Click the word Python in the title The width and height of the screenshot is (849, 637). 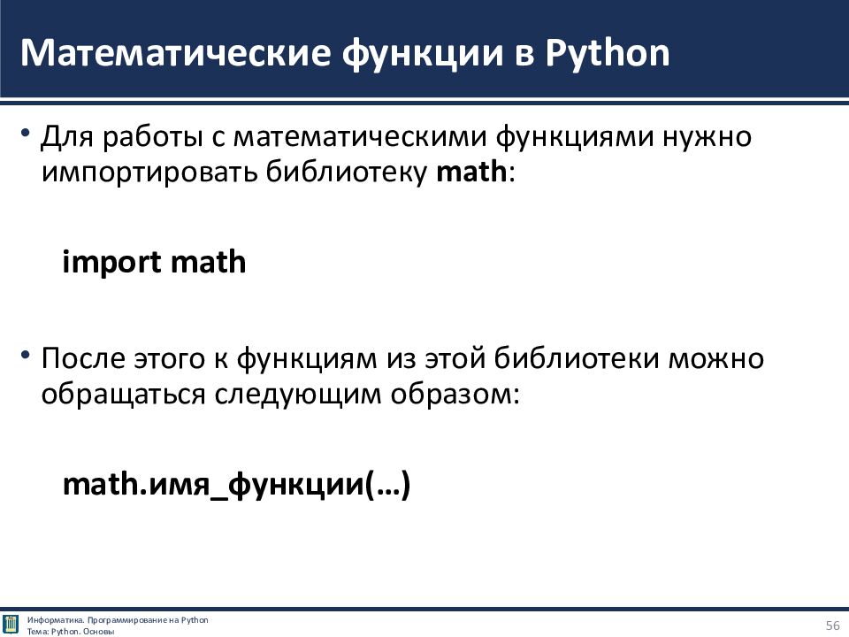608,54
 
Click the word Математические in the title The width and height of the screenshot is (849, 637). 175,53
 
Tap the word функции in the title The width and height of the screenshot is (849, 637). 423,54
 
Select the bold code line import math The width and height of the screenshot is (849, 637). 154,262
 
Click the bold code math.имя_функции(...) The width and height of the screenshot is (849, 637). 237,484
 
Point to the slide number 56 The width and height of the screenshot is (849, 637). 833,625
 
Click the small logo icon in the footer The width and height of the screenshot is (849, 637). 11,625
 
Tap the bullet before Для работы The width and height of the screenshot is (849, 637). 25,134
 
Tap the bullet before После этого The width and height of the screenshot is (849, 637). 25,356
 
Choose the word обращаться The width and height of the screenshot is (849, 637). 124,395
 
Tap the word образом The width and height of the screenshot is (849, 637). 450,395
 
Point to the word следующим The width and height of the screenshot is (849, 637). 298,395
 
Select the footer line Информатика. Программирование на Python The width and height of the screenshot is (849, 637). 118,620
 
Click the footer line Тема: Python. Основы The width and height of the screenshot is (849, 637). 71,632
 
